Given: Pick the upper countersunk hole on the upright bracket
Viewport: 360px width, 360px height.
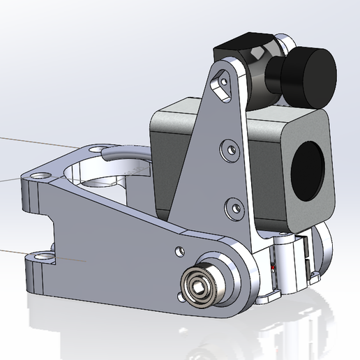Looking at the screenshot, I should point(227,148).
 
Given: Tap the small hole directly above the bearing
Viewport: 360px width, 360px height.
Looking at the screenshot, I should point(180,248).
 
